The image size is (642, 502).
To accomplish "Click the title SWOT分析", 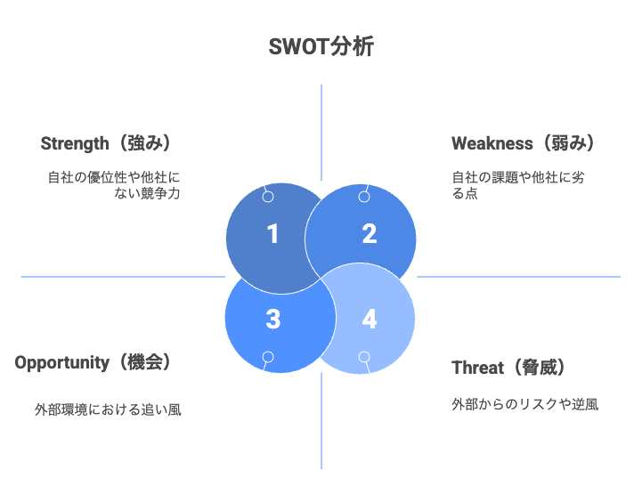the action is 321,46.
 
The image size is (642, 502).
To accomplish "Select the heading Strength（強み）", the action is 105,143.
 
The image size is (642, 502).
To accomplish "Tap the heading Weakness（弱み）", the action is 523,143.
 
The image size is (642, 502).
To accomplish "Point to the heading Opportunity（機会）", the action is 93,362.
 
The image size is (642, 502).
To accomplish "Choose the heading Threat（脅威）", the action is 508,368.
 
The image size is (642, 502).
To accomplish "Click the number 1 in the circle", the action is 272,234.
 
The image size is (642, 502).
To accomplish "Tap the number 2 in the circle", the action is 370,234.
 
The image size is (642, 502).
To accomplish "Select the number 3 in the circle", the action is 273,320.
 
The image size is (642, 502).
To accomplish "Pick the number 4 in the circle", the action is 370,320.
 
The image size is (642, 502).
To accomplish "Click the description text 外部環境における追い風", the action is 108,409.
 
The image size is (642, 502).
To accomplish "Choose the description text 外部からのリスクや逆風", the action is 524,404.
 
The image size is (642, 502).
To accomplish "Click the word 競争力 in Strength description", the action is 160,193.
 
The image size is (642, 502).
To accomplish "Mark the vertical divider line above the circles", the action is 321,133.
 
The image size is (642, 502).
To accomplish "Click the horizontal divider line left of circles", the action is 123,277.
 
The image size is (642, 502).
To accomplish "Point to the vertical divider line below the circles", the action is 321,421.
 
